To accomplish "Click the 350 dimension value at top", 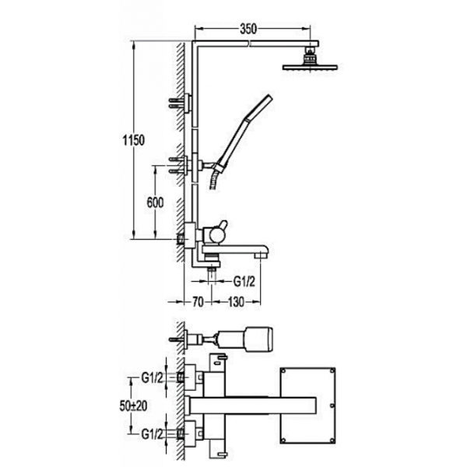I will pyautogui.click(x=248, y=30).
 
